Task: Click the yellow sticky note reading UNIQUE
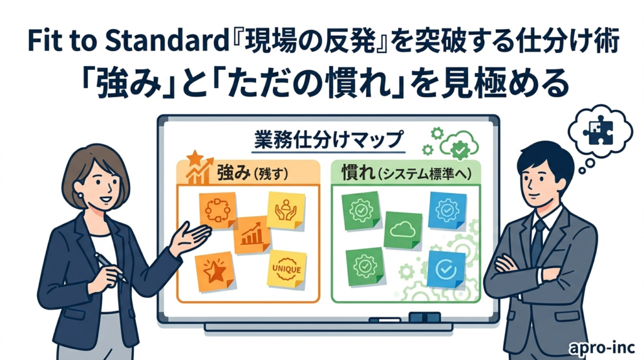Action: point(287,269)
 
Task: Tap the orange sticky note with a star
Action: point(214,271)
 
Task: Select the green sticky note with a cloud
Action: point(403,230)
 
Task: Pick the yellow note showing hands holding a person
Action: point(286,210)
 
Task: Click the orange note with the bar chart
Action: point(252,235)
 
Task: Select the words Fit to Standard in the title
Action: point(128,42)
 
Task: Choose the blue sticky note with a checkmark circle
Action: point(446,269)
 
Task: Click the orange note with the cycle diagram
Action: point(217,210)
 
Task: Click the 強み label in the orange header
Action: point(233,173)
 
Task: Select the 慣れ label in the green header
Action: point(358,173)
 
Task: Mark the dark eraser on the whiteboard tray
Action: point(425,317)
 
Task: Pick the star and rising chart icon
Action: point(199,167)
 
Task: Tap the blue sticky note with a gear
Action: point(447,210)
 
